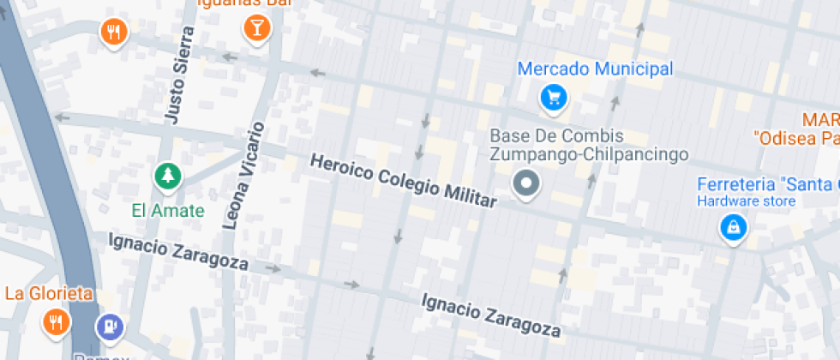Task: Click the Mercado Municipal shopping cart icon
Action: (554, 97)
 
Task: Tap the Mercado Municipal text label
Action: (596, 69)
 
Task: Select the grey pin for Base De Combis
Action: (525, 183)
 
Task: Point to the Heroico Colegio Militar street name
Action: (403, 180)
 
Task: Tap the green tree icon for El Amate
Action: (168, 177)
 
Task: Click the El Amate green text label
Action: (168, 210)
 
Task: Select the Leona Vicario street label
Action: (243, 176)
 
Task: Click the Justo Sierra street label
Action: (178, 75)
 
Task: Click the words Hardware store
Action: (745, 201)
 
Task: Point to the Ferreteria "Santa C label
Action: (767, 184)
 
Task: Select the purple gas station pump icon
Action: (109, 327)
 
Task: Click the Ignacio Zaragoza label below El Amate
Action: (178, 251)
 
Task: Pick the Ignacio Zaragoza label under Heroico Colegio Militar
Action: (491, 315)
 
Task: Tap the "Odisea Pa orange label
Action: (795, 137)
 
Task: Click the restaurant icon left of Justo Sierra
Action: (113, 33)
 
